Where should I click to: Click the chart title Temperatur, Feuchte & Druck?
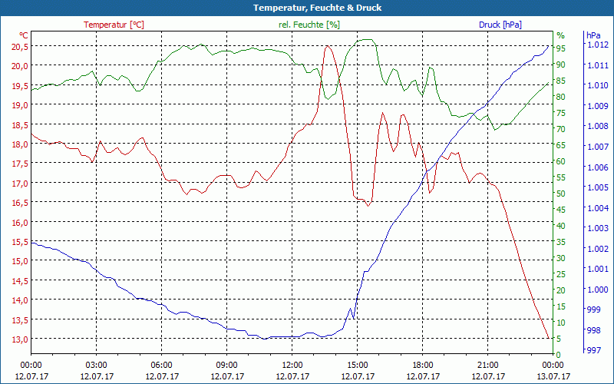pos(306,8)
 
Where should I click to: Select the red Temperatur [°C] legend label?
pos(114,25)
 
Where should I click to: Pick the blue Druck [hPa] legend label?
pos(500,25)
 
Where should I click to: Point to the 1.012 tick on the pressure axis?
pos(596,45)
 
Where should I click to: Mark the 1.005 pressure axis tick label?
pos(596,187)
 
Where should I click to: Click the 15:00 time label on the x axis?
pos(358,365)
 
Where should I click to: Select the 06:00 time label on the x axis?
pos(162,365)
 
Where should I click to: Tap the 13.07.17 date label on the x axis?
pos(553,376)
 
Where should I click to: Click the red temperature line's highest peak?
pos(327,45)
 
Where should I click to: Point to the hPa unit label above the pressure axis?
pos(593,35)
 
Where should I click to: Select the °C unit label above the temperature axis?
pos(24,35)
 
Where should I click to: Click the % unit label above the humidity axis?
pos(560,35)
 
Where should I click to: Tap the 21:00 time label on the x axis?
pos(488,365)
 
